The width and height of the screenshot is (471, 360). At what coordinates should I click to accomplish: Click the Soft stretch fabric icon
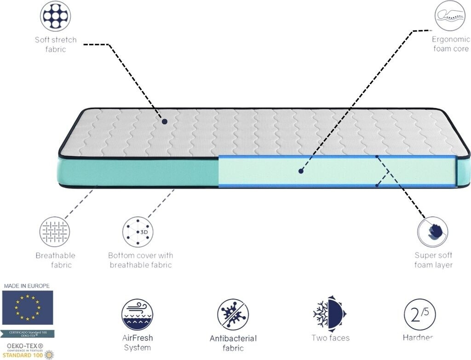coord(56,16)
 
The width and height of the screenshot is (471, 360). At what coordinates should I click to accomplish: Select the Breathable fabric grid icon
coord(55,232)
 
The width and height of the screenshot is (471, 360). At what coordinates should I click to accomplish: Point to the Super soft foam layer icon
coord(432,232)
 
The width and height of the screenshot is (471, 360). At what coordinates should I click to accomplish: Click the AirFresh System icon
coord(137,314)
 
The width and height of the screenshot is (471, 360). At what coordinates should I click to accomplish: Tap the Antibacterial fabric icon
coord(233,314)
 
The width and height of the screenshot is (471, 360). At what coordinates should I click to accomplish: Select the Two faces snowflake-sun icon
coord(329,314)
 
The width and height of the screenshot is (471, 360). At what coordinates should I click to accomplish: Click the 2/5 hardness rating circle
coord(419,314)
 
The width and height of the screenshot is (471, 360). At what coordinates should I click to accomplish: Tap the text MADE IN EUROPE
coord(27,286)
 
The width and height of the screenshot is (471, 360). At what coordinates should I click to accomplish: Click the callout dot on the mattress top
coord(164,122)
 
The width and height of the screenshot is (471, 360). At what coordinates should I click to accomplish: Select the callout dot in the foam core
coord(301,171)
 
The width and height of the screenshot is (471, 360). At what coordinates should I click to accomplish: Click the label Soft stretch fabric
coord(56,44)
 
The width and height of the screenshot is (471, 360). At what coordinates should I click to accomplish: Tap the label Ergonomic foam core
coord(451,44)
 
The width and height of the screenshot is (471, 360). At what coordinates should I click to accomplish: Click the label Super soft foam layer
coord(433,260)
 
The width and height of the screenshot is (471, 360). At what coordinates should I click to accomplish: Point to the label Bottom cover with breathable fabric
coord(140,260)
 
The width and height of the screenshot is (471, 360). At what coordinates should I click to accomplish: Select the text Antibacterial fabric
coord(233,343)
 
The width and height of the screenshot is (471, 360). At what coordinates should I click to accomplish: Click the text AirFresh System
coord(137,343)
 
